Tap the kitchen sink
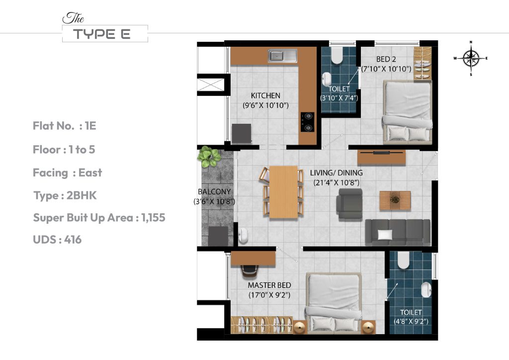[282, 56]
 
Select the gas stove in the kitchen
[308, 122]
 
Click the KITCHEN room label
[265, 95]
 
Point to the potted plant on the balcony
[209, 157]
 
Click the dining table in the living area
[283, 191]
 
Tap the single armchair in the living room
[349, 204]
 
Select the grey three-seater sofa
[397, 232]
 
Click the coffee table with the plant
[395, 200]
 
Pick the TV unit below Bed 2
[382, 157]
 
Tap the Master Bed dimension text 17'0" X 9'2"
[269, 295]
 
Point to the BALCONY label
[213, 191]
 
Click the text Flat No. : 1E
[64, 126]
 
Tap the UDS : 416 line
[57, 240]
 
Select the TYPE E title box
[105, 34]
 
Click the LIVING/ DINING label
[336, 173]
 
